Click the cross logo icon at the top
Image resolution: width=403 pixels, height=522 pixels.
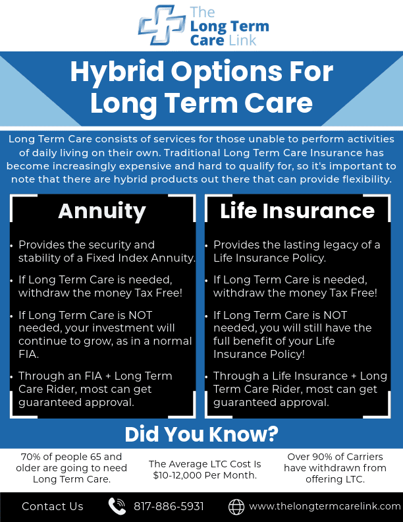[x=161, y=24]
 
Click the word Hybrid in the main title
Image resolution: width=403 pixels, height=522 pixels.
[x=117, y=72]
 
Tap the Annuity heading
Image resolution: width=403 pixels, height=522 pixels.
[x=102, y=212]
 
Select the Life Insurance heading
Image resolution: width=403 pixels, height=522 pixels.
[x=297, y=211]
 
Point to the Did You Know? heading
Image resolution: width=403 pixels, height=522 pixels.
[x=201, y=434]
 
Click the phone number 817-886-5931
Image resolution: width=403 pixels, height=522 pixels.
[x=169, y=506]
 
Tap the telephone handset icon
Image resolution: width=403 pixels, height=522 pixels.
[x=117, y=506]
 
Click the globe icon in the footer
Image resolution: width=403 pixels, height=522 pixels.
[x=236, y=507]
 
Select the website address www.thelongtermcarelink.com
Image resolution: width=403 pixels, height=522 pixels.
[x=325, y=506]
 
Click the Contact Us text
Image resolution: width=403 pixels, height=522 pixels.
[x=53, y=506]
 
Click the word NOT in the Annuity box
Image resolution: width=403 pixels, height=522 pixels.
[x=140, y=315]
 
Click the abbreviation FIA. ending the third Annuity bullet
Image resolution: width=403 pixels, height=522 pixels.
[x=28, y=354]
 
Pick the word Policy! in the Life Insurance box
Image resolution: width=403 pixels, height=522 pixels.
[x=287, y=355]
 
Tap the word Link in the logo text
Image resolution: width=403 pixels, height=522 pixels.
[x=242, y=41]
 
